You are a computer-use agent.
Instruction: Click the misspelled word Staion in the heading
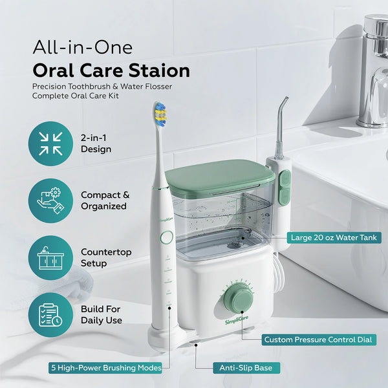click(x=158, y=70)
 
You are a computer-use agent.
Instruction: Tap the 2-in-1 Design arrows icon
click(x=50, y=144)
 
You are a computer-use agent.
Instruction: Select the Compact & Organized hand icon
click(x=50, y=200)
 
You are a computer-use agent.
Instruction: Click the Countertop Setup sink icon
click(x=50, y=257)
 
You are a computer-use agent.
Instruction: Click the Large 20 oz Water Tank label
click(x=336, y=238)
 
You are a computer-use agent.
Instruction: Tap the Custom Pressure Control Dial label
click(x=319, y=339)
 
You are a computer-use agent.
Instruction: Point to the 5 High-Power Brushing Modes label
click(x=106, y=368)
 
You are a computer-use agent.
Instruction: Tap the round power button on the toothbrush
click(x=166, y=237)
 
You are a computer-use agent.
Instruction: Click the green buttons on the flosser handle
click(x=284, y=188)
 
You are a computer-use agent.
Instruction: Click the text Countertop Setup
click(x=103, y=257)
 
